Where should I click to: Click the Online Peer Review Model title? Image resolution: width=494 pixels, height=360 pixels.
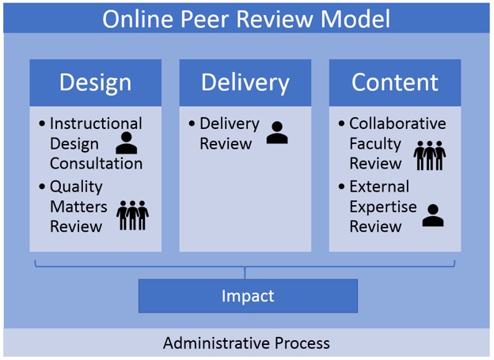click(246, 18)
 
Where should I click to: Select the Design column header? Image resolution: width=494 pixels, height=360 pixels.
click(95, 82)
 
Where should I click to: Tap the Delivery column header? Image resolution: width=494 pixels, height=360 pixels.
click(245, 82)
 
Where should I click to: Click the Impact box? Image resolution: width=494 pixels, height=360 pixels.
click(248, 296)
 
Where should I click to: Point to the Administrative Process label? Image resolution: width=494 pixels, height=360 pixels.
click(246, 343)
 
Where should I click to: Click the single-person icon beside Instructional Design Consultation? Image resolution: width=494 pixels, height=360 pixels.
click(127, 143)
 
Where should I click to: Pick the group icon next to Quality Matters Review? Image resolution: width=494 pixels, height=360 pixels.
click(132, 215)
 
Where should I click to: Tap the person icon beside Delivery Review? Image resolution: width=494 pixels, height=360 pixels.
click(277, 133)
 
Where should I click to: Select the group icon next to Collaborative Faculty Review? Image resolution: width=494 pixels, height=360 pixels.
click(429, 155)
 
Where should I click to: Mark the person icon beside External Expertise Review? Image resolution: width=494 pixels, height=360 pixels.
click(433, 215)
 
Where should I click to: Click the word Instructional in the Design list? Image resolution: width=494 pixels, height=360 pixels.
click(96, 123)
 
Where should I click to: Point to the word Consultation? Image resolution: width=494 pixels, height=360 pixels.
click(96, 164)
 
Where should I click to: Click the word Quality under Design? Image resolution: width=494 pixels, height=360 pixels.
click(76, 188)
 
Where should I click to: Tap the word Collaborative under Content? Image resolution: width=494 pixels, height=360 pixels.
click(397, 123)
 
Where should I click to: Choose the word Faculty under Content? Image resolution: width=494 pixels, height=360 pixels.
click(376, 144)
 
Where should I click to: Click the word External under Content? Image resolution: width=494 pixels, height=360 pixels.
click(379, 187)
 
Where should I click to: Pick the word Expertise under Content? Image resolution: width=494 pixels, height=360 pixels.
click(382, 207)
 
